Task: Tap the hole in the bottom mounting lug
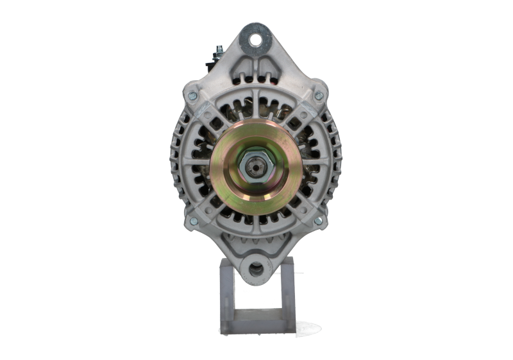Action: (255, 270)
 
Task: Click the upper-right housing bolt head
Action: (319, 95)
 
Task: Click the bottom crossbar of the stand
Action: (256, 326)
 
